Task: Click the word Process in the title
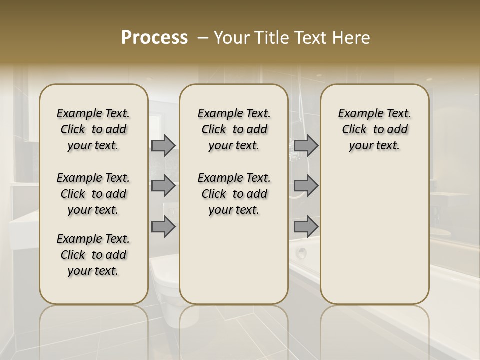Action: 154,38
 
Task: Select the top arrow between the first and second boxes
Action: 163,146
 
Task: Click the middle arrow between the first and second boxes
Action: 163,186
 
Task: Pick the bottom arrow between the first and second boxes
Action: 163,227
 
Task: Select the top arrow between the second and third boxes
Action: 306,146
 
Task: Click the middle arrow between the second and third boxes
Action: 306,186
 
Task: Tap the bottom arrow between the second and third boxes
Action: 306,227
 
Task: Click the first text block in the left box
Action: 93,129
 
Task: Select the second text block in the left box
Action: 93,194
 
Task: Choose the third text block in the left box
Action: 93,255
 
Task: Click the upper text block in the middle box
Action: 234,129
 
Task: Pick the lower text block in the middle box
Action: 234,194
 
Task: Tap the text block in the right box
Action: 374,129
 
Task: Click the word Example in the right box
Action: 357,114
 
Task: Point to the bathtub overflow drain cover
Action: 301,253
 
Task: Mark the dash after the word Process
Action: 203,38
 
